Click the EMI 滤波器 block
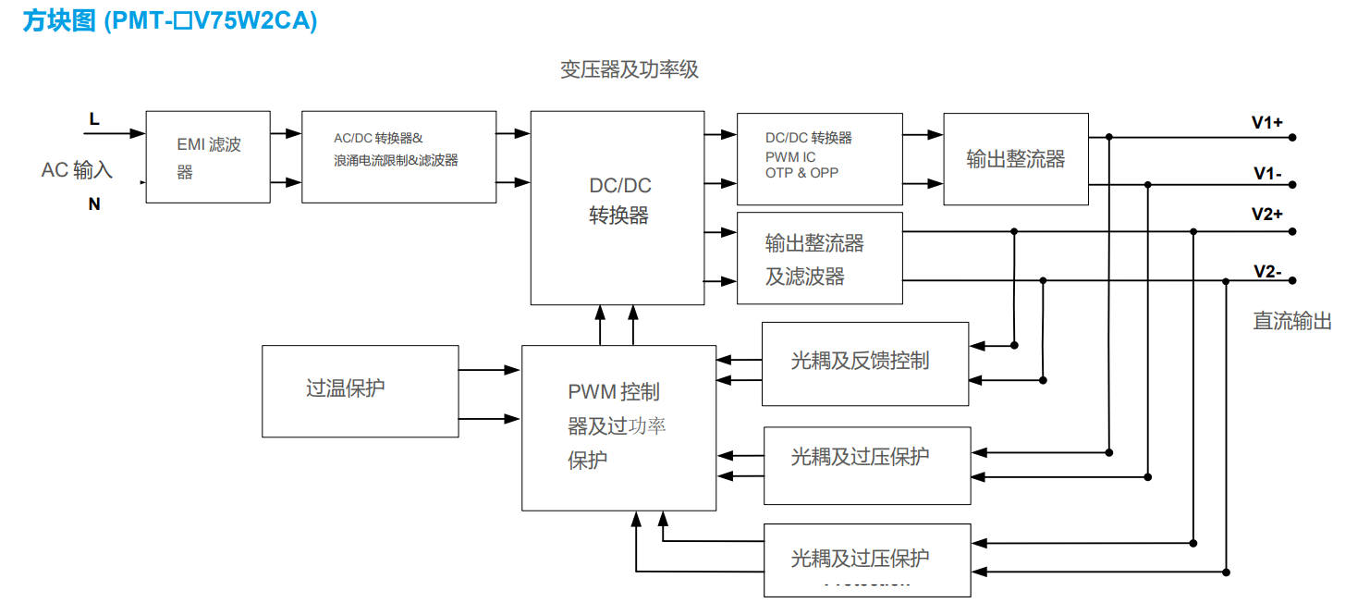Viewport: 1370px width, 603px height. tap(208, 157)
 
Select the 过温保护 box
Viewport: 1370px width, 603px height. tap(360, 390)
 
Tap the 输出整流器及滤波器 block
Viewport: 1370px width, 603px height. tap(819, 258)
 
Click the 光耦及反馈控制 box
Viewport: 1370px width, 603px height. tap(864, 363)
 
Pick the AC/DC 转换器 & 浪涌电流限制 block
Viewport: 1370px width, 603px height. tap(398, 157)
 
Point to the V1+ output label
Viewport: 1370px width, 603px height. tap(1266, 122)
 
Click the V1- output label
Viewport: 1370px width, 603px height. tap(1266, 173)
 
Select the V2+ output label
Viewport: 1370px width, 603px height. tap(1266, 215)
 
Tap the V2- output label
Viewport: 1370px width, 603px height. tap(1266, 271)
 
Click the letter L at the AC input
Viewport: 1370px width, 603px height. tap(94, 119)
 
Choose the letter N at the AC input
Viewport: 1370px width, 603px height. tap(94, 204)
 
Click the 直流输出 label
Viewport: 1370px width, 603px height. tap(1291, 322)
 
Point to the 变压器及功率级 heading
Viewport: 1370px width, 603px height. tap(629, 70)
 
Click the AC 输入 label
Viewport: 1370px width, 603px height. tap(77, 170)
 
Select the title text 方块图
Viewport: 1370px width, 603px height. tap(59, 20)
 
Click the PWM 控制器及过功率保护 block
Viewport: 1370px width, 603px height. tap(618, 427)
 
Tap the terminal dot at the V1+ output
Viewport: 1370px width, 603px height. tap(1293, 137)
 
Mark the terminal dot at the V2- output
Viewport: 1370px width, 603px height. tap(1293, 280)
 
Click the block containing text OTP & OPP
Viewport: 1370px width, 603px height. tap(819, 159)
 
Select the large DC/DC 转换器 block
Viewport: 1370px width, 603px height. tap(618, 207)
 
